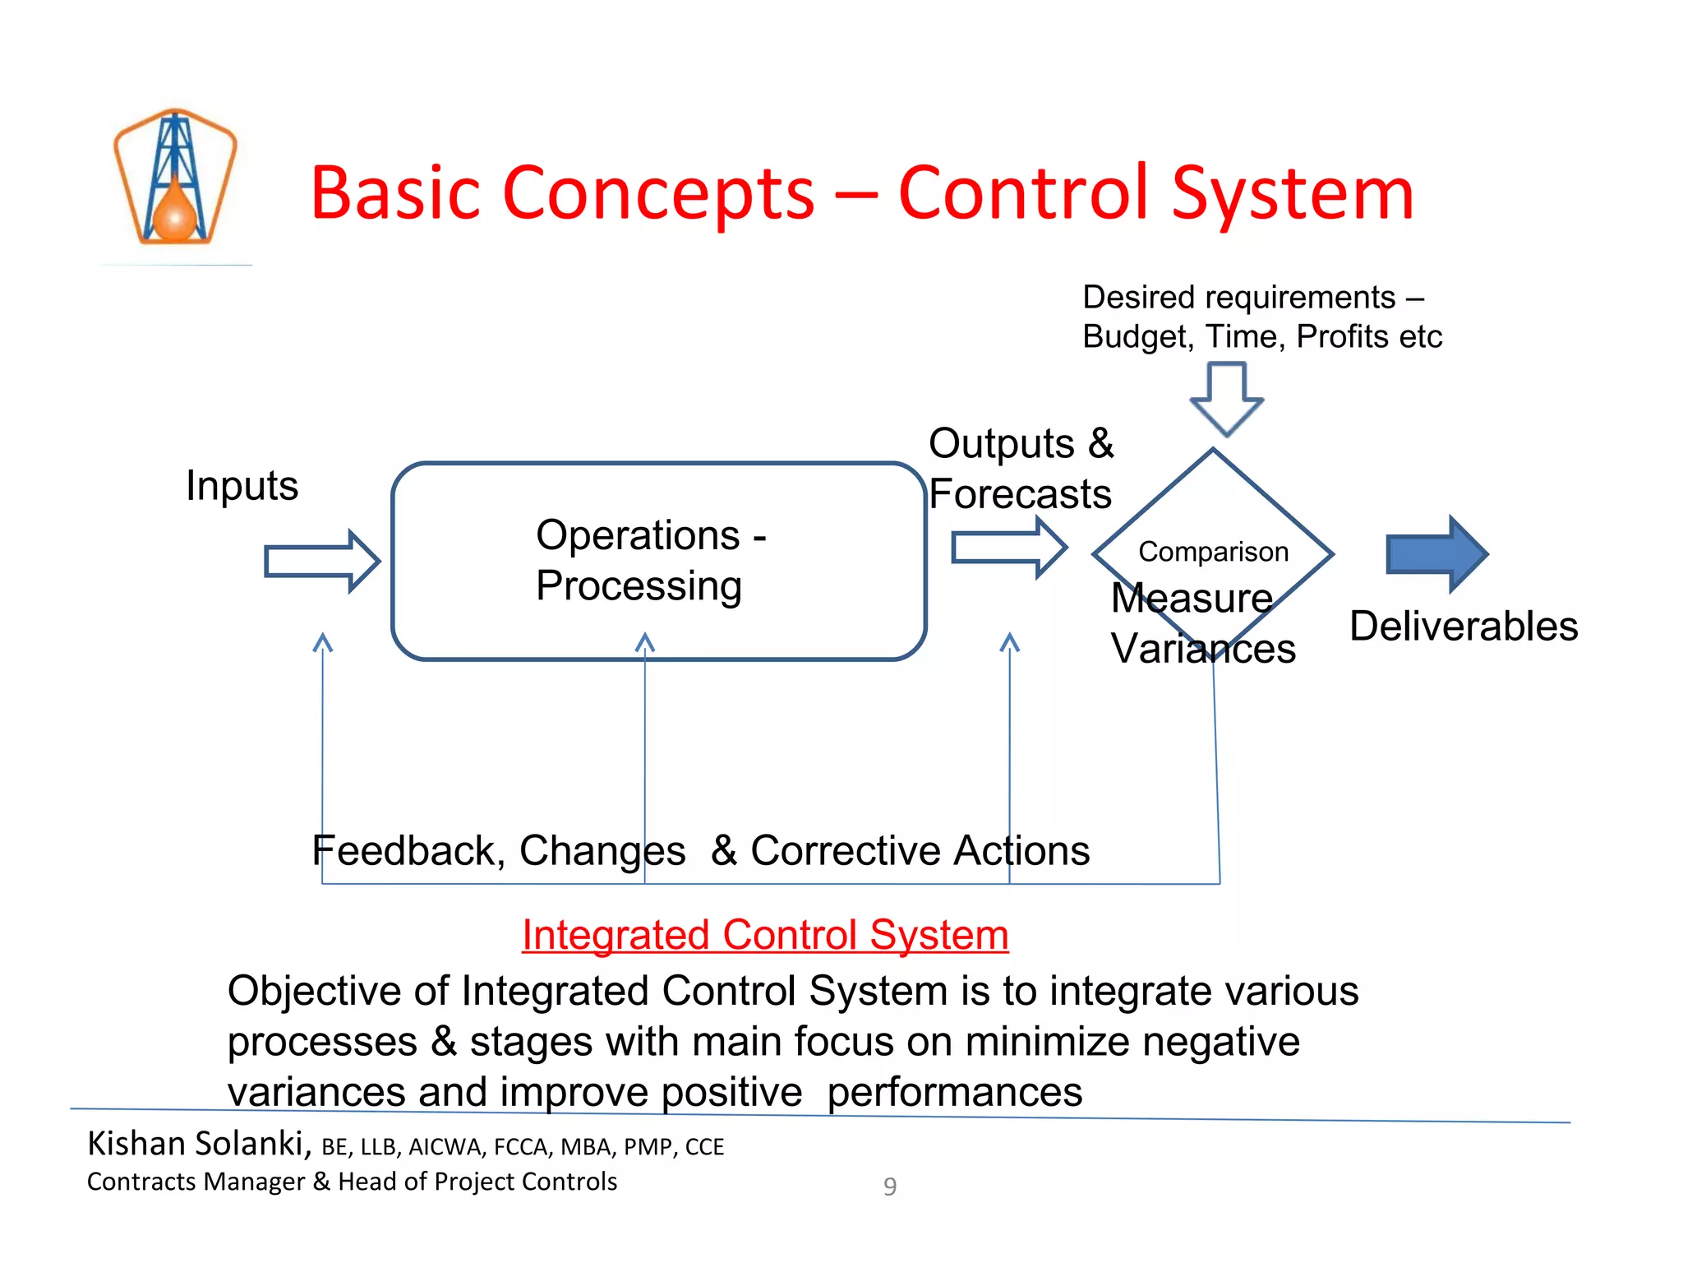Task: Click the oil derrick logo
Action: (175, 178)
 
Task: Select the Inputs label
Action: (242, 485)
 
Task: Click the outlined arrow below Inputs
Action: (321, 562)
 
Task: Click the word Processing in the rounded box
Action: (639, 586)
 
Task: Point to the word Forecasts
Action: (1020, 494)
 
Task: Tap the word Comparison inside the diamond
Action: (1213, 552)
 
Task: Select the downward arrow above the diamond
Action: (1226, 398)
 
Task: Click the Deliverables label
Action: (1464, 627)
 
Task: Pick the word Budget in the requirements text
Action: (1137, 337)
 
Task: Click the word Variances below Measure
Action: (1203, 649)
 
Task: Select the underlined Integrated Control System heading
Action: (765, 936)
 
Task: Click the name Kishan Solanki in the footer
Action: (196, 1144)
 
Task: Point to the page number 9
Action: (890, 1187)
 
